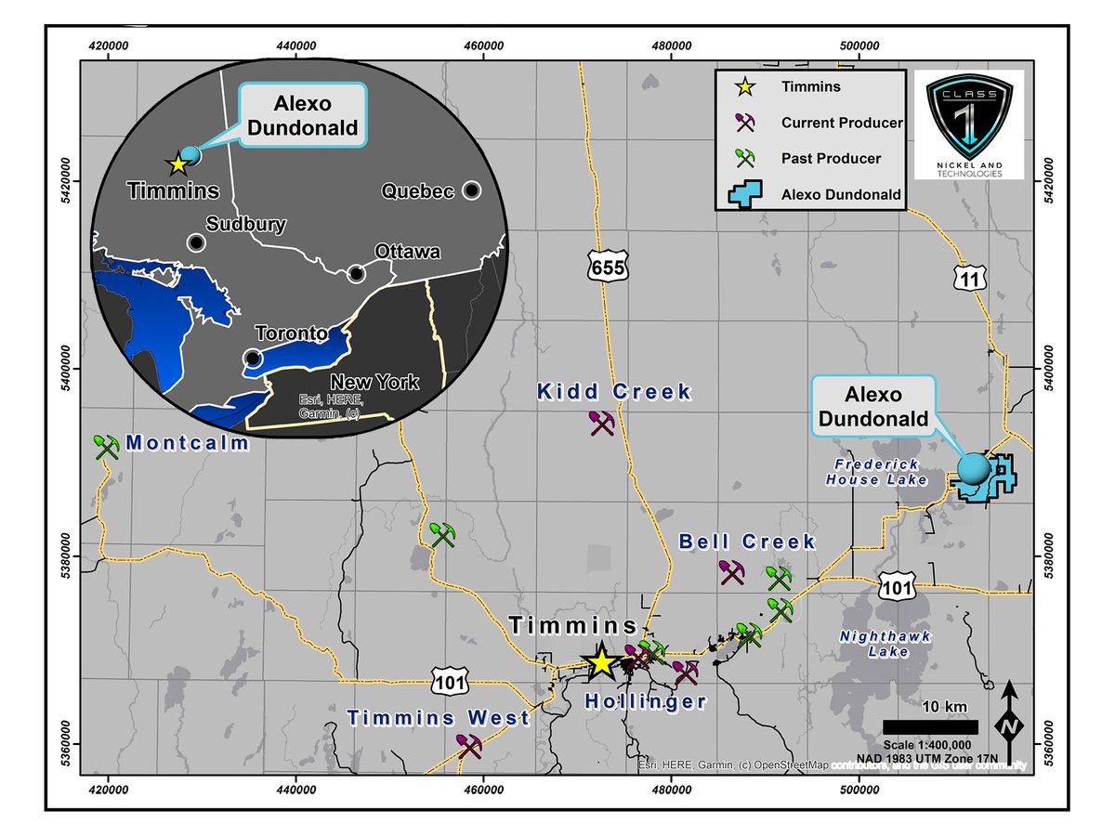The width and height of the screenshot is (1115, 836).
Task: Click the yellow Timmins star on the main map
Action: point(601,662)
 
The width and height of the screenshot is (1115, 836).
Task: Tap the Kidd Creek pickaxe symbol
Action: point(603,424)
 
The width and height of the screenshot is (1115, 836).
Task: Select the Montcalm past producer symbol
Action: point(107,447)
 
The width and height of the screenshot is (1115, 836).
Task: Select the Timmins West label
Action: point(439,718)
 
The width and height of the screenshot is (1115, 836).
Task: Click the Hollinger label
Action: point(646,702)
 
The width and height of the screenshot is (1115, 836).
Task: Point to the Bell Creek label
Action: point(747,542)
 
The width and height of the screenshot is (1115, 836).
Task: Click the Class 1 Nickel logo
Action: point(969,124)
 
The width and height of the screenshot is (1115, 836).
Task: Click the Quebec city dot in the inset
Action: point(472,190)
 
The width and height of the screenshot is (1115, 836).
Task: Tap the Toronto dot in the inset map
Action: point(252,358)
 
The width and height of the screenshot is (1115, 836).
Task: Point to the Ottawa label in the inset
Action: point(407,253)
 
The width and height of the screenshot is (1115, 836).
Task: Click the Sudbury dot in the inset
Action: point(196,242)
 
